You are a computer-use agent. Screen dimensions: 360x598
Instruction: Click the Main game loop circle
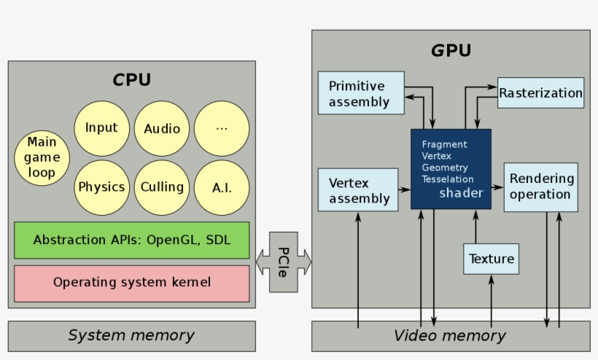(x=42, y=157)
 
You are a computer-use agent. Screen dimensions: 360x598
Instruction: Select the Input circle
(x=101, y=128)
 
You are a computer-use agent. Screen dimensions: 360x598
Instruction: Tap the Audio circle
(x=162, y=128)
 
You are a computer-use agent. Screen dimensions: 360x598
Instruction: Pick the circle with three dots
(x=222, y=128)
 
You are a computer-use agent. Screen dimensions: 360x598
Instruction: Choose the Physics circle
(x=101, y=187)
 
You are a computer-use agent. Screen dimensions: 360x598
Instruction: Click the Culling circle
(x=162, y=187)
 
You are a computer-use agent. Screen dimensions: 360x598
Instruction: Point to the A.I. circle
(x=222, y=187)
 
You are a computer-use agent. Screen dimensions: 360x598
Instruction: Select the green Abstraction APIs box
(x=132, y=240)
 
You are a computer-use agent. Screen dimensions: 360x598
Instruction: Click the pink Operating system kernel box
(x=132, y=282)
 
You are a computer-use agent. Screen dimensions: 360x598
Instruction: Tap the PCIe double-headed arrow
(x=283, y=261)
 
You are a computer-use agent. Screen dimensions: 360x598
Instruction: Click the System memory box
(x=132, y=336)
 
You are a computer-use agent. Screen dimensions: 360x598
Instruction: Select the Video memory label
(x=450, y=336)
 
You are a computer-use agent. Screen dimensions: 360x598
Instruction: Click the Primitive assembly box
(x=361, y=93)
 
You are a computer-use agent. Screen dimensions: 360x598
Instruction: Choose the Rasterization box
(x=540, y=93)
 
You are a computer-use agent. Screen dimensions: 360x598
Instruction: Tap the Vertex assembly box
(x=358, y=189)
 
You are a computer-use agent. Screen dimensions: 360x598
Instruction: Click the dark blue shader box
(x=451, y=169)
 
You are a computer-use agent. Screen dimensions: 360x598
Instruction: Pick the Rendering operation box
(x=540, y=187)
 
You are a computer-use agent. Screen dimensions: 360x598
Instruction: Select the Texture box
(x=491, y=259)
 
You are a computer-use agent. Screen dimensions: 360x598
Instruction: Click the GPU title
(x=451, y=50)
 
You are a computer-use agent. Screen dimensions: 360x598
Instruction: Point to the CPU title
(x=131, y=79)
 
